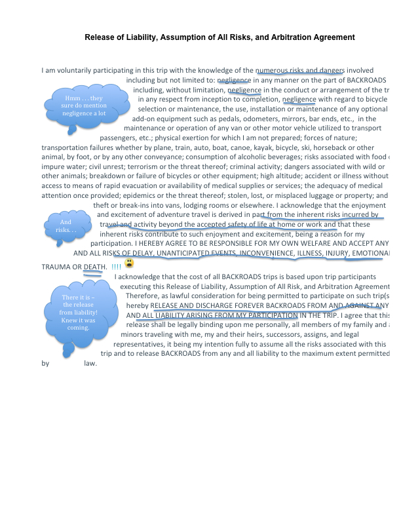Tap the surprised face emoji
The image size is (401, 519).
click(130, 263)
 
